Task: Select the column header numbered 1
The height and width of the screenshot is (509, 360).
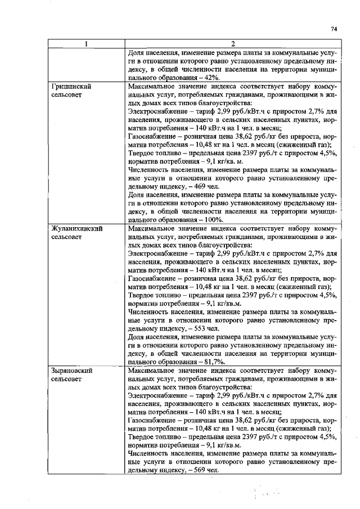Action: (86, 44)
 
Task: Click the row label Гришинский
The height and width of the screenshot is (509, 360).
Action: (71, 88)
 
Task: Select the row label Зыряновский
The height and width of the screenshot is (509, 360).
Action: (72, 371)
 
